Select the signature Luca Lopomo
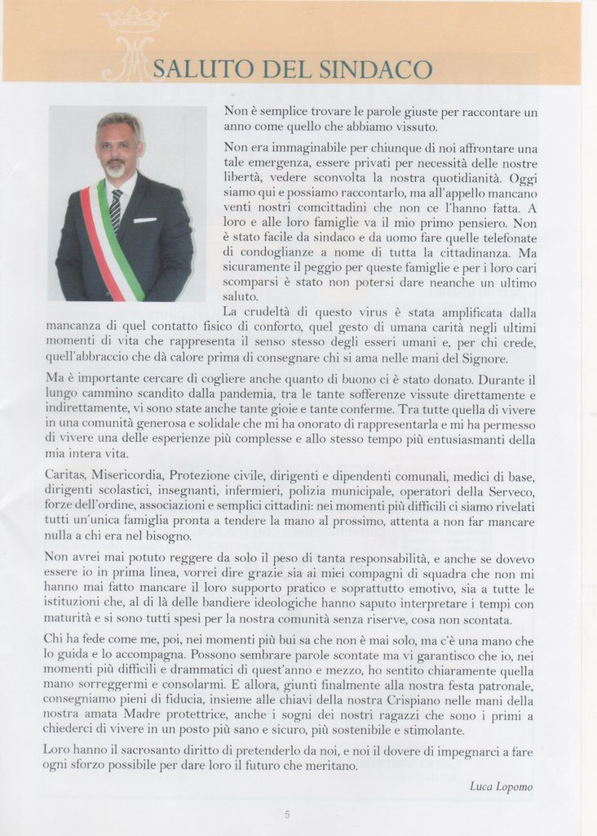pos(502,786)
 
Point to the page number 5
pos(287,814)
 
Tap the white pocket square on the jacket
pos(145,220)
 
